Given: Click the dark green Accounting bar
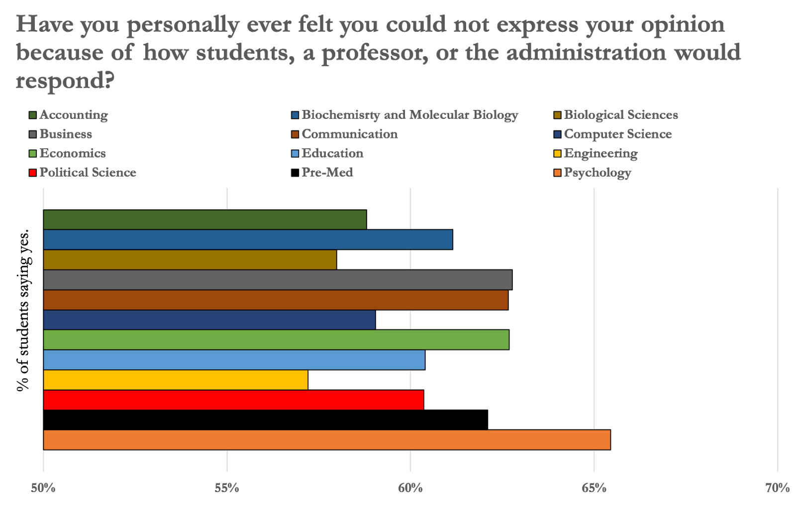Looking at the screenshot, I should point(204,220).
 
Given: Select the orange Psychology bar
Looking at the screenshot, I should point(326,440).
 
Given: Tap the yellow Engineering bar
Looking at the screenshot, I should point(175,380).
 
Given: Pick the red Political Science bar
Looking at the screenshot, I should point(233,400).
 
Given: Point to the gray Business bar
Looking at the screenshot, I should point(277,280).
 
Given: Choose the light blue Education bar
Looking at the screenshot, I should point(234,360).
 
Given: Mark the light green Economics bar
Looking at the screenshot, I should point(276,340).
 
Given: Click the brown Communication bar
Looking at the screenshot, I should point(275,300).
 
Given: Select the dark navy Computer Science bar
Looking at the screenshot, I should point(209,320).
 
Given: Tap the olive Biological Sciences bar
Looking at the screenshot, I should point(190,260).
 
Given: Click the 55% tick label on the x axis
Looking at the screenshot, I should point(227,488).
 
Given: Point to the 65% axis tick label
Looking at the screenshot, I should point(594,488).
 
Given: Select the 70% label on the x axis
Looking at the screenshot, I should point(777,488).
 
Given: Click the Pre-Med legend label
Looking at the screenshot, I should point(327,173).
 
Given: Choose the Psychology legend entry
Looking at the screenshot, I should point(597,173).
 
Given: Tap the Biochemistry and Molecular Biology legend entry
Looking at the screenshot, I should point(409,115).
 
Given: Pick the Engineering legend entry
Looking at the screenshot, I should point(600,154).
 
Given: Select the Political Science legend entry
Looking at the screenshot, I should point(88,173).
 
